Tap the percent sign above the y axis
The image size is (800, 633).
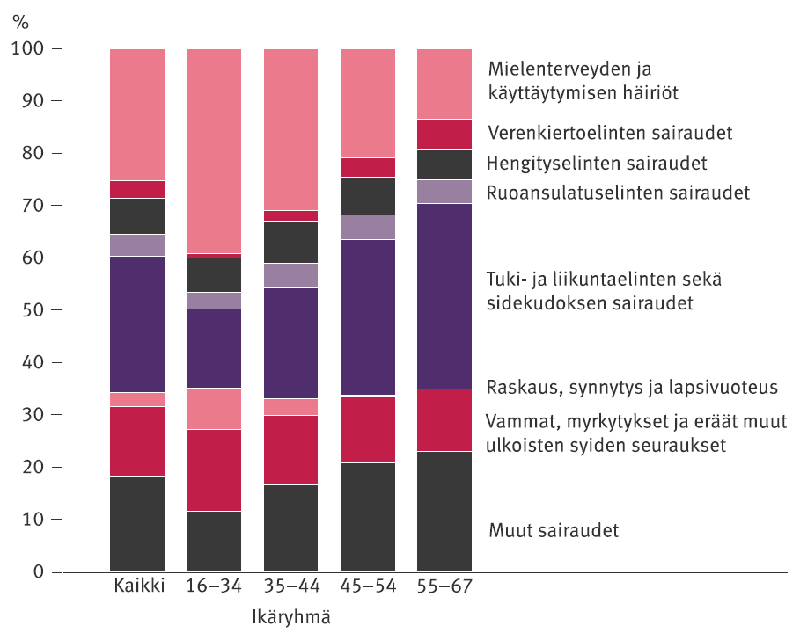[20, 21]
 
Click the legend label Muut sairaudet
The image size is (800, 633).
[554, 531]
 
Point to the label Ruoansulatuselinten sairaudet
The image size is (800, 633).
[618, 192]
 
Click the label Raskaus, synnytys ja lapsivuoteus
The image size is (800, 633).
[632, 387]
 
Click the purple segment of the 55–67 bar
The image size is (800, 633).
[444, 295]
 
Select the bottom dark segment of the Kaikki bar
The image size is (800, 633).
[138, 524]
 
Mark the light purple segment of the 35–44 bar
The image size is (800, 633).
[291, 275]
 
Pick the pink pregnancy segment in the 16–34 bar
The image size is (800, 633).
[215, 408]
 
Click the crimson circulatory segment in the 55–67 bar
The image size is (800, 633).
[444, 135]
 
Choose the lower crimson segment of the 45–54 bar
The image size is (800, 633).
[368, 429]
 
